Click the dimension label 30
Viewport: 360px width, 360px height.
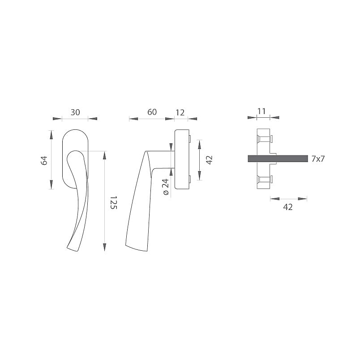pos(75,112)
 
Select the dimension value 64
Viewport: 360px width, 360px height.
pos(44,160)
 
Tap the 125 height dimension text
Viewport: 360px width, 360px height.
pos(113,202)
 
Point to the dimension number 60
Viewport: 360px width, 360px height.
pos(152,112)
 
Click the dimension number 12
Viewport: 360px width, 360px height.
pos(180,112)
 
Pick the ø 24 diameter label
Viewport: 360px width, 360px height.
pos(166,187)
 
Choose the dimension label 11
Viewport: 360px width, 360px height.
pos(261,111)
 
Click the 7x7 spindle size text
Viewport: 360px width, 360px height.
pos(318,159)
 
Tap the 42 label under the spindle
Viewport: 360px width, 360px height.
pos(288,207)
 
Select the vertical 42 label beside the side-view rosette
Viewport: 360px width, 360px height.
pos(210,160)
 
